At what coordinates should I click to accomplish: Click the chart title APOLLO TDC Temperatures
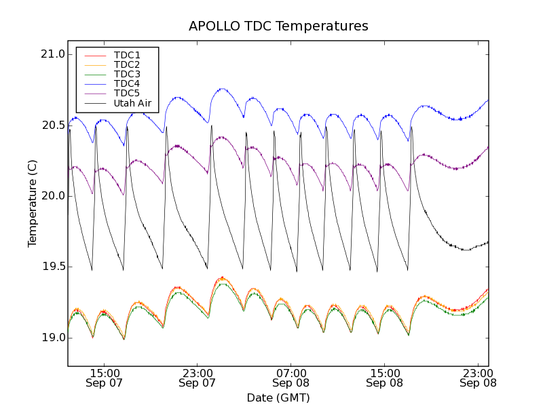(x=278, y=26)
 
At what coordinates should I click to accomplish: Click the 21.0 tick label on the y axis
(x=52, y=54)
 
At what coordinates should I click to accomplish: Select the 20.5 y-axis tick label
(x=52, y=125)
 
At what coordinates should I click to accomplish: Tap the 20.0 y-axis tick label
(x=52, y=196)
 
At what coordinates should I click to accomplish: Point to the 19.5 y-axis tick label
(x=52, y=267)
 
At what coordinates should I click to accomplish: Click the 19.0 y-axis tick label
(x=52, y=338)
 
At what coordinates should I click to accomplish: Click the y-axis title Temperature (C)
(x=33, y=203)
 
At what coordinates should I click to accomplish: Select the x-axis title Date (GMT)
(x=278, y=398)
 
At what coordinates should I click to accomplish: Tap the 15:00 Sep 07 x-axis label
(x=105, y=378)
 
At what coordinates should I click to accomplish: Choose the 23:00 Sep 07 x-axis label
(x=198, y=378)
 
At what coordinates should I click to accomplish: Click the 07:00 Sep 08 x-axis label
(x=292, y=378)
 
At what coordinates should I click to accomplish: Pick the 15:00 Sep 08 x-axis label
(x=385, y=378)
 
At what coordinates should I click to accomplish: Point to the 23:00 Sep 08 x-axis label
(x=479, y=378)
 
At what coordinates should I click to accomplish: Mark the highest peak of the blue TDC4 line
(x=222, y=88)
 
